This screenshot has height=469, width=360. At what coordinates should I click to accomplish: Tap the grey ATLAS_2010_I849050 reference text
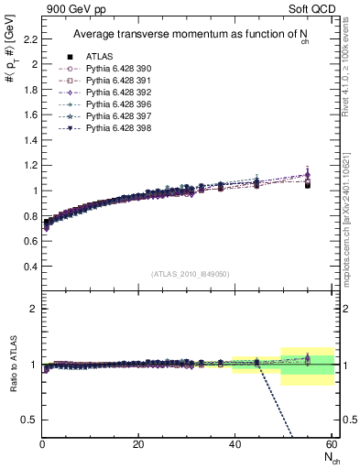[190, 273]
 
